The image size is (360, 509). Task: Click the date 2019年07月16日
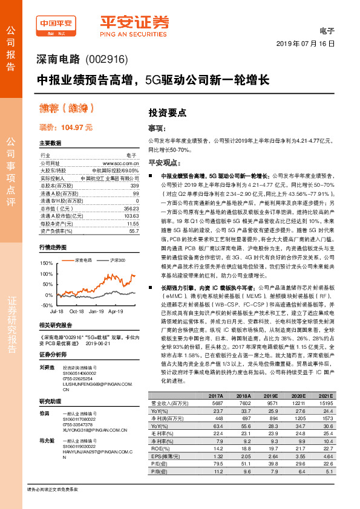305,45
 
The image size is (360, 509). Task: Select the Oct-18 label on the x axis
76,311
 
